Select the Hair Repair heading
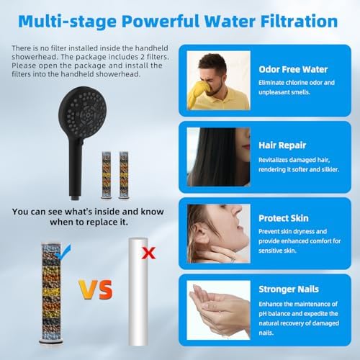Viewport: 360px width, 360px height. (278, 145)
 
